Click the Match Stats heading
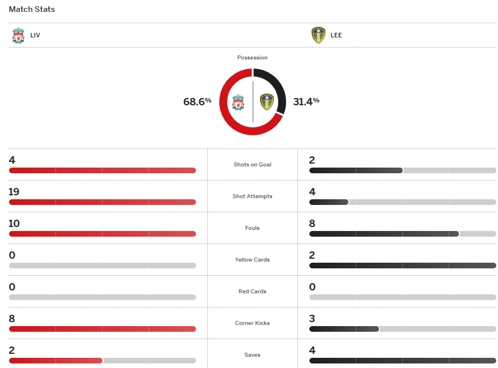pos(32,10)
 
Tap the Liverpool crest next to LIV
pos(18,35)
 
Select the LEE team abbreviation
pos(336,35)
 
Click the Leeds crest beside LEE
pos(318,35)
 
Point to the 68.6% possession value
pos(197,102)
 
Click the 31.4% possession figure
pos(306,102)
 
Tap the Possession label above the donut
pos(252,58)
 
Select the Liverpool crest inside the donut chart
pos(238,102)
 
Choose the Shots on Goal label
pos(252,165)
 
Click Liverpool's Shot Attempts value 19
pos(14,192)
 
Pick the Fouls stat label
pos(252,228)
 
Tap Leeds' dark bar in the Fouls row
pos(384,234)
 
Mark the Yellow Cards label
pos(252,260)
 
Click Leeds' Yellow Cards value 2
pos(312,255)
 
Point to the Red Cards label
pos(252,292)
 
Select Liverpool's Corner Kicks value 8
pos(12,319)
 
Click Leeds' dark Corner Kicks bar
pos(344,329)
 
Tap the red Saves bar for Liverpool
pos(56,361)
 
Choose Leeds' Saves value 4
pos(312,350)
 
